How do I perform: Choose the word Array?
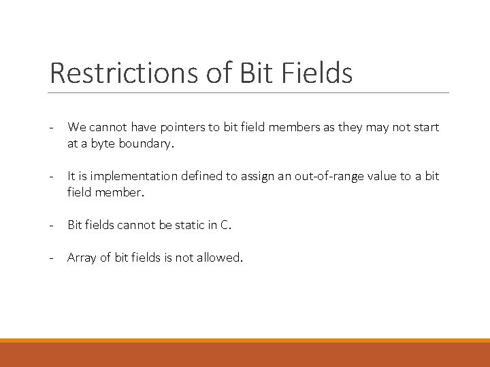(81, 258)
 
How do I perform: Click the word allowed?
(220, 258)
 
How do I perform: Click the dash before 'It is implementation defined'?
(52, 177)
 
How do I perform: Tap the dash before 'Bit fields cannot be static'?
(52, 226)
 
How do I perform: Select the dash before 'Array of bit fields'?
(52, 258)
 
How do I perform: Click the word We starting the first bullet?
(76, 127)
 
